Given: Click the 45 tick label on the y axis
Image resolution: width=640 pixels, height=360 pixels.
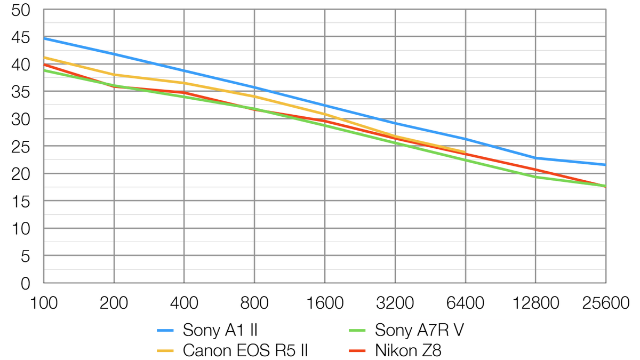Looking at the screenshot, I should pyautogui.click(x=22, y=37).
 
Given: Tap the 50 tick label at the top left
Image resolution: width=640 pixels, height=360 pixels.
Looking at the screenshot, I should pyautogui.click(x=22, y=10).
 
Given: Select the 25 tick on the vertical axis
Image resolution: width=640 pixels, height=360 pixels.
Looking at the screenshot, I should pyautogui.click(x=22, y=147).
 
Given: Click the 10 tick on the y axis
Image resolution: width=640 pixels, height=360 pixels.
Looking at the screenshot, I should pyautogui.click(x=22, y=229).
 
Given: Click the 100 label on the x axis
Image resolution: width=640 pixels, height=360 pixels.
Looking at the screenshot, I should pyautogui.click(x=44, y=303).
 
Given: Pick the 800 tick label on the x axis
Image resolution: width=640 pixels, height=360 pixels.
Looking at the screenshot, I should pyautogui.click(x=254, y=303).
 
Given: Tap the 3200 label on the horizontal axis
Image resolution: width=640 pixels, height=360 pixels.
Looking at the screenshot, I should pyautogui.click(x=395, y=303).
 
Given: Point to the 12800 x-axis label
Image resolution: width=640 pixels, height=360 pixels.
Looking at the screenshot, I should pyautogui.click(x=536, y=303).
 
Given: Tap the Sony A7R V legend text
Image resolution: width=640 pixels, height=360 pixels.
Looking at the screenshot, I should pyautogui.click(x=419, y=331).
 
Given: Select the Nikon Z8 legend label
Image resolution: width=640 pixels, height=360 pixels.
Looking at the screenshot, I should pyautogui.click(x=408, y=350).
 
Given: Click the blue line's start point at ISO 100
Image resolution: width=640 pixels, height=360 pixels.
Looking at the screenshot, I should pyautogui.click(x=44, y=38).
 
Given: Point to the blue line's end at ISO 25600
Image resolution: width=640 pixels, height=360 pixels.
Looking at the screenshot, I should pyautogui.click(x=606, y=165).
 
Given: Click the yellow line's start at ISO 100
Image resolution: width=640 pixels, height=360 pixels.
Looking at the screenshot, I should pyautogui.click(x=44, y=57).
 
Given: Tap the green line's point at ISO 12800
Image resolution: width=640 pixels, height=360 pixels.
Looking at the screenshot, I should pyautogui.click(x=536, y=177).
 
